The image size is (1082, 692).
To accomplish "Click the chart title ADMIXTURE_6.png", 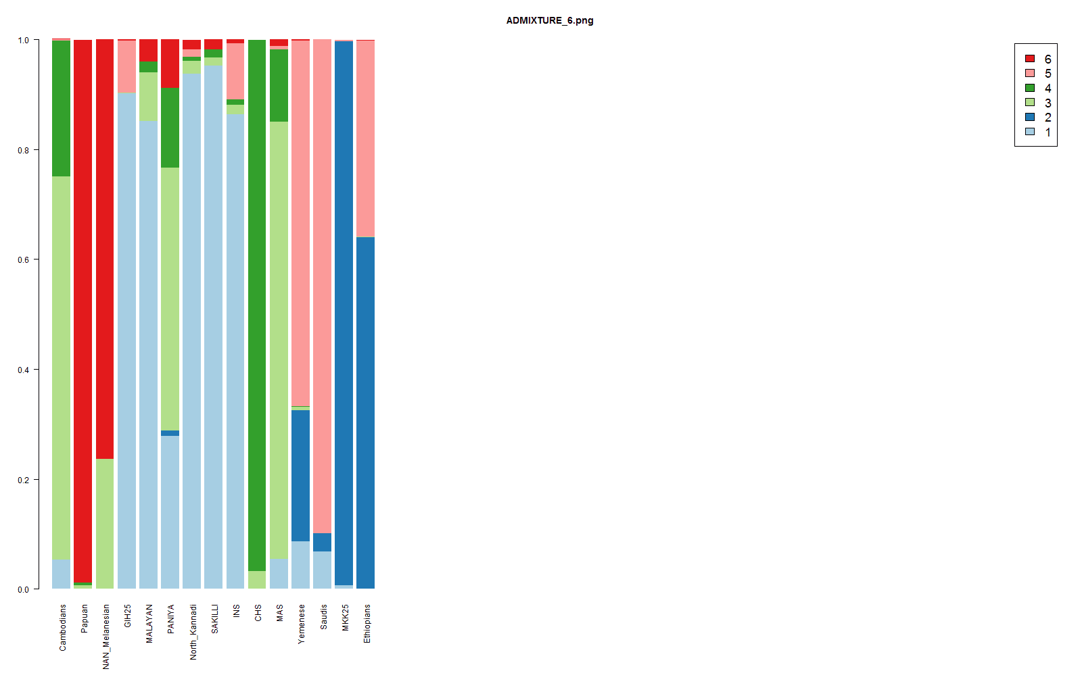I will click(549, 21).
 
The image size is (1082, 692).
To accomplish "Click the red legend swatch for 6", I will click(1030, 59).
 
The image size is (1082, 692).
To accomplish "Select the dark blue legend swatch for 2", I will click(1030, 117).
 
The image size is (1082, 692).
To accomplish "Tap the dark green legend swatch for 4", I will click(1030, 88).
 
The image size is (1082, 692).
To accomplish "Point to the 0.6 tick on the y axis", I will click(24, 260).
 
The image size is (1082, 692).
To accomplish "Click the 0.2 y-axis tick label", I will click(24, 480).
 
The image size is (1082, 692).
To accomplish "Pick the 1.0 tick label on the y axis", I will click(24, 41).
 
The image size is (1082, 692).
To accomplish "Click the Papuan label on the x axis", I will click(85, 618).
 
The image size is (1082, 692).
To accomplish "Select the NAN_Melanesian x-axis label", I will click(106, 637).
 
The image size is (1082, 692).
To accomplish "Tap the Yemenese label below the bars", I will click(302, 624).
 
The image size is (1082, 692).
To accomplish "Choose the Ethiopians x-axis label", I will click(367, 624).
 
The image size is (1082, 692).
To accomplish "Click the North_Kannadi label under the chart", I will click(193, 632).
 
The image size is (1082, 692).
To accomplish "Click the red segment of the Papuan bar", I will click(83, 304).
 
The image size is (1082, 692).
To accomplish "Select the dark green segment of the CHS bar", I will click(257, 304).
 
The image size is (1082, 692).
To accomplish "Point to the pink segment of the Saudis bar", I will click(322, 284).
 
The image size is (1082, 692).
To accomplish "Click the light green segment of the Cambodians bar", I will click(61, 365).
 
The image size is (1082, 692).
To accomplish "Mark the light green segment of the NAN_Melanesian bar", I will click(105, 524).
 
